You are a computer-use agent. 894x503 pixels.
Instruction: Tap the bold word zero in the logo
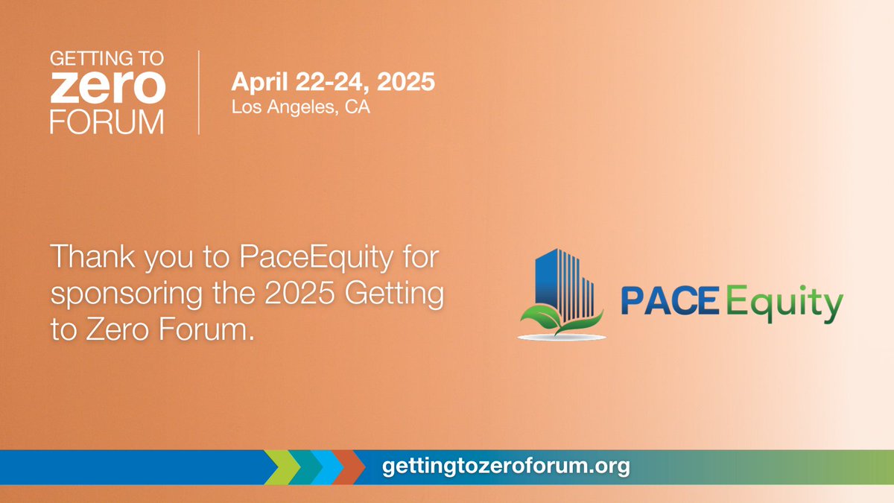pos(108,88)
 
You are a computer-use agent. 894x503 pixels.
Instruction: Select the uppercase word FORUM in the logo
pos(108,121)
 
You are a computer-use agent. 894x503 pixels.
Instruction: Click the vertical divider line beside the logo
pos(199,92)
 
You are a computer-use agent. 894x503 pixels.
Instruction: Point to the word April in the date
pos(256,81)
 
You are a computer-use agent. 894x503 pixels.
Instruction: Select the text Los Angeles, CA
pos(301,107)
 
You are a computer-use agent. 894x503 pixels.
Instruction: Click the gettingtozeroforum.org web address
pos(506,467)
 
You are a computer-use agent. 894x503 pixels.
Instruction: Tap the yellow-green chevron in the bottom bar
pos(284,467)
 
